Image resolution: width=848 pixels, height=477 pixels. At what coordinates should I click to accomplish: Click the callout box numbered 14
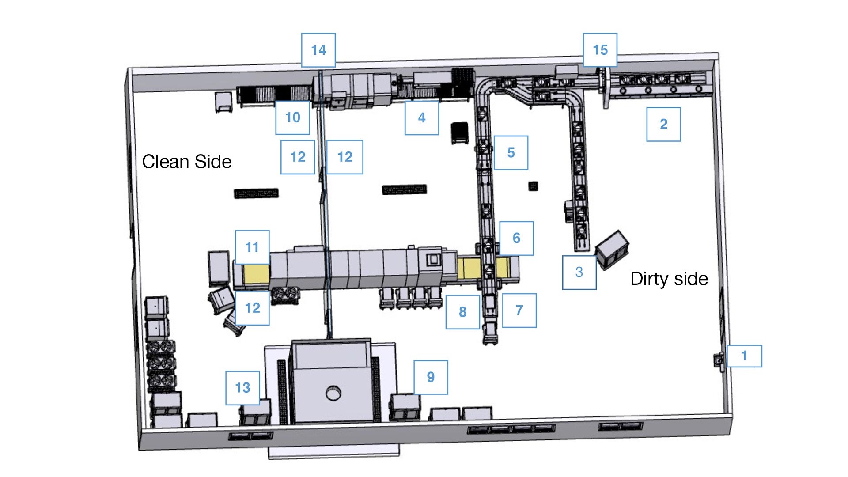click(318, 50)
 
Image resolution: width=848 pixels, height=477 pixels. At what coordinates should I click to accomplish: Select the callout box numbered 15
click(600, 50)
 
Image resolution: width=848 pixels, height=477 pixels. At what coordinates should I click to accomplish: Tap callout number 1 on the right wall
click(744, 356)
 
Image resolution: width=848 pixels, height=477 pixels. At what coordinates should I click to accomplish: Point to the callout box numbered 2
click(663, 124)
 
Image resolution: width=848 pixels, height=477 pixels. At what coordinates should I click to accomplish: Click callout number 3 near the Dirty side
click(579, 272)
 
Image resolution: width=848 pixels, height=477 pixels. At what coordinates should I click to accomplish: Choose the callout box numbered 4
click(422, 117)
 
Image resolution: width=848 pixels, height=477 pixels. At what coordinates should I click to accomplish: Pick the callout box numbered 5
click(511, 152)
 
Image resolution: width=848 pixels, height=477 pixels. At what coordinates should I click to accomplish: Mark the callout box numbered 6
click(516, 238)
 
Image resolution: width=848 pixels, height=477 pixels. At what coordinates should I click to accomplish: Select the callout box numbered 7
click(519, 310)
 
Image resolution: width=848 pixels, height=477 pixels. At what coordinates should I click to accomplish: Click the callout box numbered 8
click(462, 312)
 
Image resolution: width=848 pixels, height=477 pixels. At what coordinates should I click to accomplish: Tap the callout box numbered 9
click(431, 377)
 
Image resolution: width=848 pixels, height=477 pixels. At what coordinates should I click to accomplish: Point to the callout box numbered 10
click(292, 117)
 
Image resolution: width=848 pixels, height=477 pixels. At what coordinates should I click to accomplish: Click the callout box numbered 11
click(252, 247)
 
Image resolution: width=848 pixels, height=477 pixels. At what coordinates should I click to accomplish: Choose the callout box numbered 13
click(242, 388)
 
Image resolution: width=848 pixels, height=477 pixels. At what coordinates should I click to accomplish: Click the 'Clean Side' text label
click(186, 162)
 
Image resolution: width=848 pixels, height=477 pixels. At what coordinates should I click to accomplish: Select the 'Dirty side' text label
click(669, 279)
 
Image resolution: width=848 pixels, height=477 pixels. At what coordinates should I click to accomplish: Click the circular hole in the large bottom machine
click(333, 393)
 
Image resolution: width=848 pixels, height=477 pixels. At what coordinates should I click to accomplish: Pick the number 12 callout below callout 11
click(252, 308)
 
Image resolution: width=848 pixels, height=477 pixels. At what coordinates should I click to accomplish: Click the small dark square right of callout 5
click(533, 185)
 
